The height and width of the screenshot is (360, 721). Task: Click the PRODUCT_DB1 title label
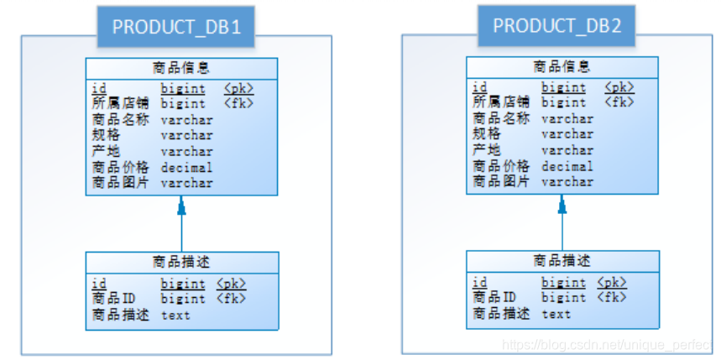click(x=176, y=27)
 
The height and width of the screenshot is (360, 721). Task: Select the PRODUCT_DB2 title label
click(x=557, y=25)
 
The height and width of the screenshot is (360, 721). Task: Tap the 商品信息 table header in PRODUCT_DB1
click(x=181, y=67)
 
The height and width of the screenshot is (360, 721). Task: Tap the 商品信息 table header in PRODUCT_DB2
click(x=562, y=66)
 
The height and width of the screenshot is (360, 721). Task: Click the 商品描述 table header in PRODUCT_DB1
click(x=181, y=262)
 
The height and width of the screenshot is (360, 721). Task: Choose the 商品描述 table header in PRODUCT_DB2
click(x=562, y=261)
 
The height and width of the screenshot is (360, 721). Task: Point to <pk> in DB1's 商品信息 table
click(x=238, y=88)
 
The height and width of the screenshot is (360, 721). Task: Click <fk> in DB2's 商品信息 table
click(x=619, y=102)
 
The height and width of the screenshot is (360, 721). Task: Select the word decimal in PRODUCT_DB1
click(x=186, y=167)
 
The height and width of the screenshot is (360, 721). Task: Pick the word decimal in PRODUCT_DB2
click(x=567, y=166)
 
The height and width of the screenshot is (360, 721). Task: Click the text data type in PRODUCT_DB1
click(x=175, y=316)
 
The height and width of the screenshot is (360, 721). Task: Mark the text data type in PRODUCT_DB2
click(x=556, y=314)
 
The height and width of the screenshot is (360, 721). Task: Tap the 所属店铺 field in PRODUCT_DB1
click(x=120, y=104)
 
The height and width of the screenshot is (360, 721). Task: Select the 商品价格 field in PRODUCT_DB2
click(x=500, y=166)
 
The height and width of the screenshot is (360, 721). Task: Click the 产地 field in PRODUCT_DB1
click(x=106, y=151)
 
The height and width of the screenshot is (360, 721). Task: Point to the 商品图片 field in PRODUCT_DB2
click(x=500, y=181)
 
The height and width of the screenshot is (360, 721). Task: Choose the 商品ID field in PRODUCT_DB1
click(x=113, y=299)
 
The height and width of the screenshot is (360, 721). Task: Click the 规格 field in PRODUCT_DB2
click(x=486, y=134)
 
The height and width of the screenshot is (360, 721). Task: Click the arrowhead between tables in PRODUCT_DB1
click(x=180, y=204)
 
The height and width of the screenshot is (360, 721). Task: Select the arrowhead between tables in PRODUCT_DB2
click(x=562, y=203)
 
